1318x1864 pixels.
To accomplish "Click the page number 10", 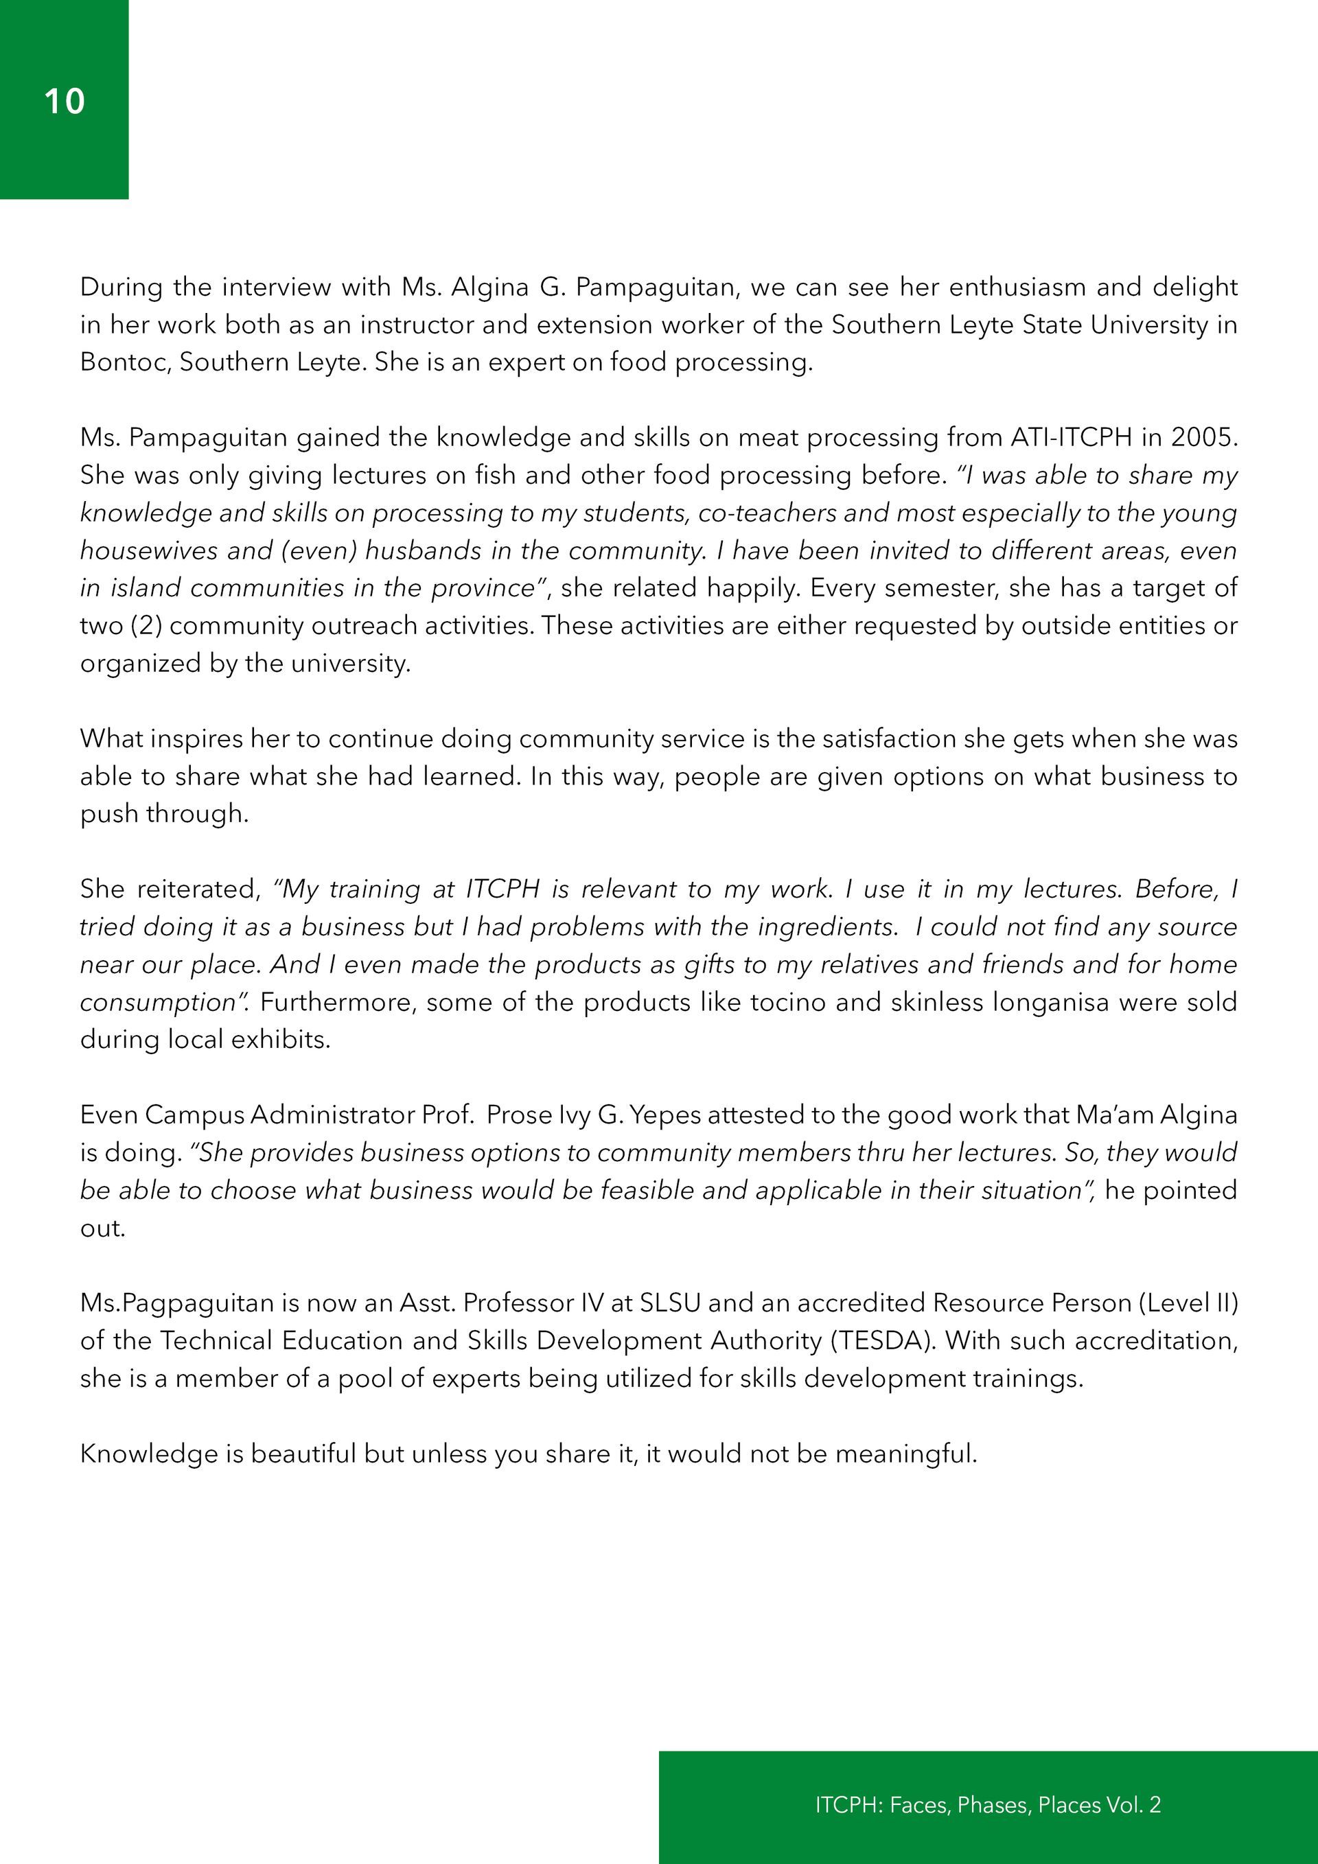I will (x=64, y=102).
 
